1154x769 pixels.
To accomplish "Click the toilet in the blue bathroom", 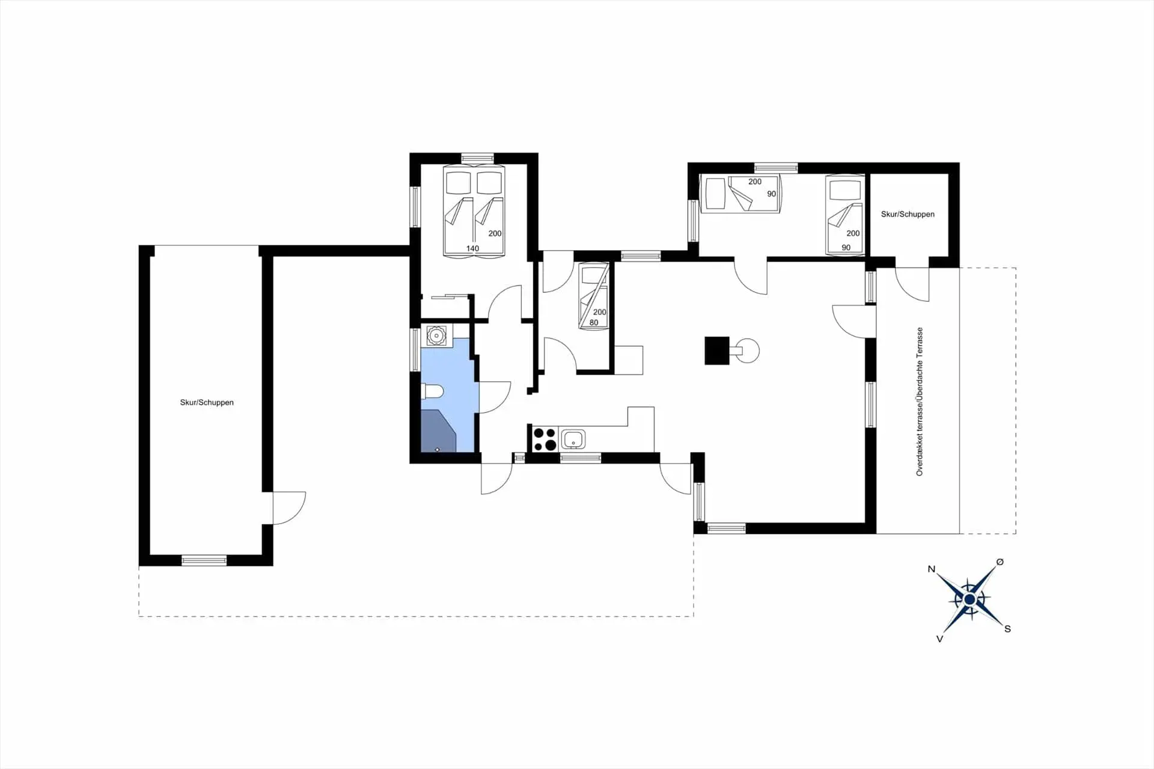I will pos(433,392).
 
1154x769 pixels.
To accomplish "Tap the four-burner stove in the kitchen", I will pos(545,439).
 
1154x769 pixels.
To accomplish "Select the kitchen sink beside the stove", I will pos(573,439).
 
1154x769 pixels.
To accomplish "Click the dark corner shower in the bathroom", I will pos(437,431).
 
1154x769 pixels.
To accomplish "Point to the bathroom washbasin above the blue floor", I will pos(436,335).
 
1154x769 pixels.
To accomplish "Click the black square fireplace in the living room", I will pos(716,351).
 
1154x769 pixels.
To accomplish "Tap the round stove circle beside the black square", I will pos(748,351).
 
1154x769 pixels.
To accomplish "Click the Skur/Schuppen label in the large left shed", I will pos(207,402).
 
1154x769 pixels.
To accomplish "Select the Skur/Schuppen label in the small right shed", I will pos(908,214).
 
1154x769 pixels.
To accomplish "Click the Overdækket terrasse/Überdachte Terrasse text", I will pos(919,402).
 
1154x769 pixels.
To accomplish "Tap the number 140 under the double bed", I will pos(472,248).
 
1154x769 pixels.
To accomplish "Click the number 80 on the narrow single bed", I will pos(594,323).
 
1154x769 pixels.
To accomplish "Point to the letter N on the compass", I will pos(932,569).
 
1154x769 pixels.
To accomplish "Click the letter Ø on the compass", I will pos(1000,562).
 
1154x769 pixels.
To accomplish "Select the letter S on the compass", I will pos(1007,629).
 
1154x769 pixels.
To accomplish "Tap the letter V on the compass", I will pos(939,639).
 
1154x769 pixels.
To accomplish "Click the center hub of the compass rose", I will pos(969,599).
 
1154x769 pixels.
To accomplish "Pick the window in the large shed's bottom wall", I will pos(204,560).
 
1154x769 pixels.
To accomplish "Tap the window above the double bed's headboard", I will pos(477,158).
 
